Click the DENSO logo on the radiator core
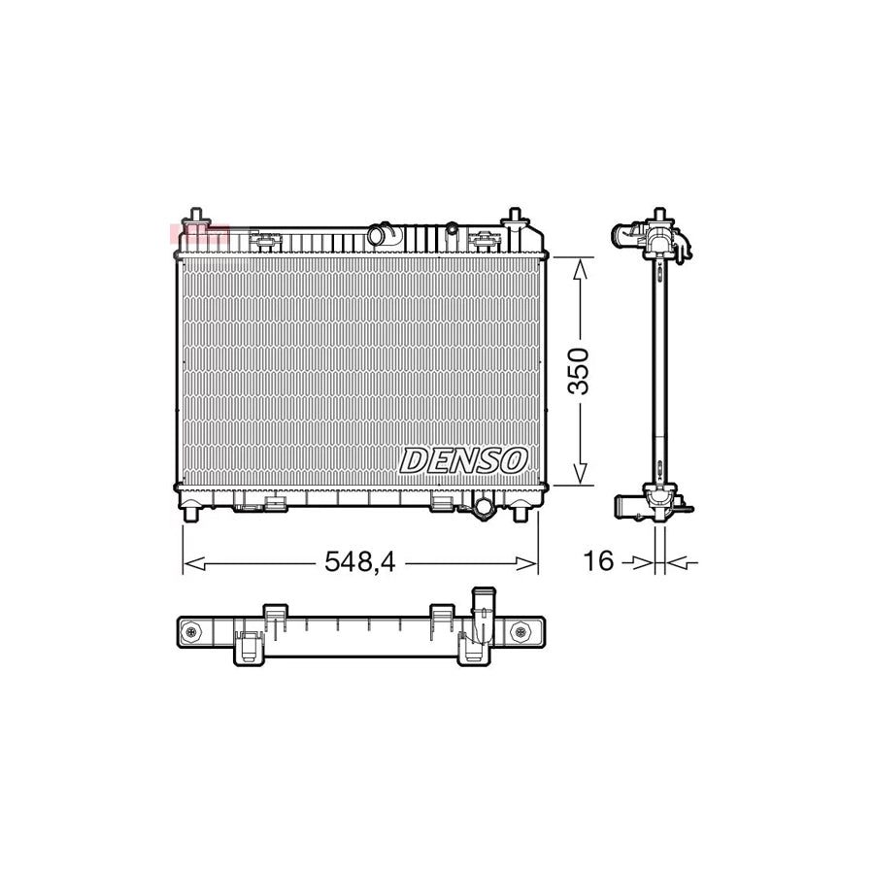click(x=462, y=460)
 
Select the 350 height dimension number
click(x=580, y=370)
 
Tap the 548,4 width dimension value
click(x=360, y=561)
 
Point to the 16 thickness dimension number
click(x=599, y=561)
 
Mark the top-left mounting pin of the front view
click(x=196, y=216)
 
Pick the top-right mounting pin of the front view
click(x=515, y=216)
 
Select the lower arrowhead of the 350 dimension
click(x=580, y=473)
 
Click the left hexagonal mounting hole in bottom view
click(x=190, y=634)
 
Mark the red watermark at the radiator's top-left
click(x=199, y=234)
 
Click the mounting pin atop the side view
click(x=660, y=215)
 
